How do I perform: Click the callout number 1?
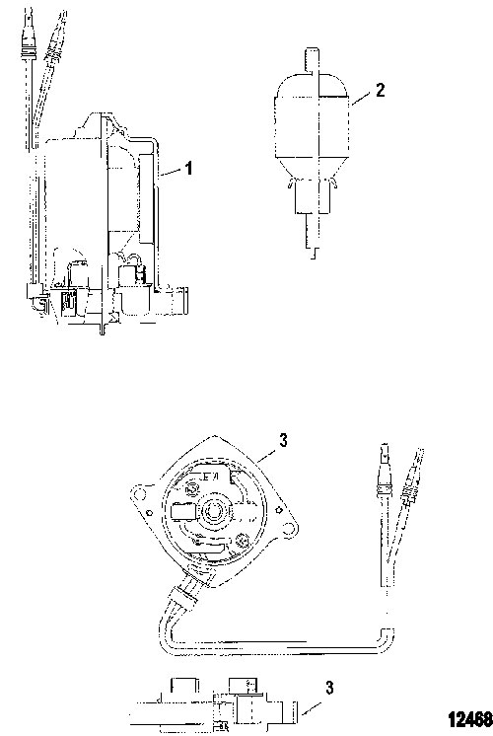point(188,168)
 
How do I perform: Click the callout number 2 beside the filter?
point(380,90)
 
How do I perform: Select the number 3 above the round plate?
point(283,440)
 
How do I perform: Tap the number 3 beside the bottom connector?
point(329,688)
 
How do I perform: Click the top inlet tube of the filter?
point(312,61)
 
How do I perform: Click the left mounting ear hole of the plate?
point(138,493)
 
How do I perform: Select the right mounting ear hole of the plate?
point(291,528)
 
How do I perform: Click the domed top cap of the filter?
point(312,85)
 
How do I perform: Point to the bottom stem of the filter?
point(312,235)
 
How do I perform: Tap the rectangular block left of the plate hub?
point(183,511)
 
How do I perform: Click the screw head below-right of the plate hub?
point(243,541)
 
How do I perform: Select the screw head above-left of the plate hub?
point(192,487)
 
